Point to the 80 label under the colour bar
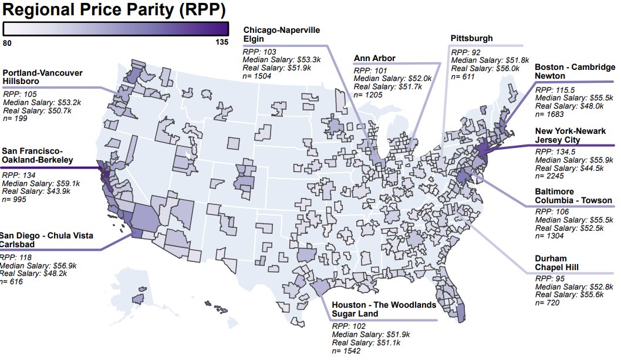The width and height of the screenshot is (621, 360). pos(8,42)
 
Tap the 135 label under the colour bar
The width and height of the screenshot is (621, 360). pos(221,42)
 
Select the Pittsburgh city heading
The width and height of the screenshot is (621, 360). pos(472,39)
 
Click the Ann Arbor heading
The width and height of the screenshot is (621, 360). pos(374,58)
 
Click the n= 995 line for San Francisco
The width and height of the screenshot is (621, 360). pos(18,200)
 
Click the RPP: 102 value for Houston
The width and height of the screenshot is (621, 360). pos(349,326)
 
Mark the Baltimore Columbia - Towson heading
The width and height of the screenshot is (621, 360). pos(573,196)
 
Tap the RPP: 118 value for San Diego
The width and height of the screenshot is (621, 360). pos(14,257)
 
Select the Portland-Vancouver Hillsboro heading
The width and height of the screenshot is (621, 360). pos(42,77)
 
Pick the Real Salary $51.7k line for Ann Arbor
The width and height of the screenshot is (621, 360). pos(388,86)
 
